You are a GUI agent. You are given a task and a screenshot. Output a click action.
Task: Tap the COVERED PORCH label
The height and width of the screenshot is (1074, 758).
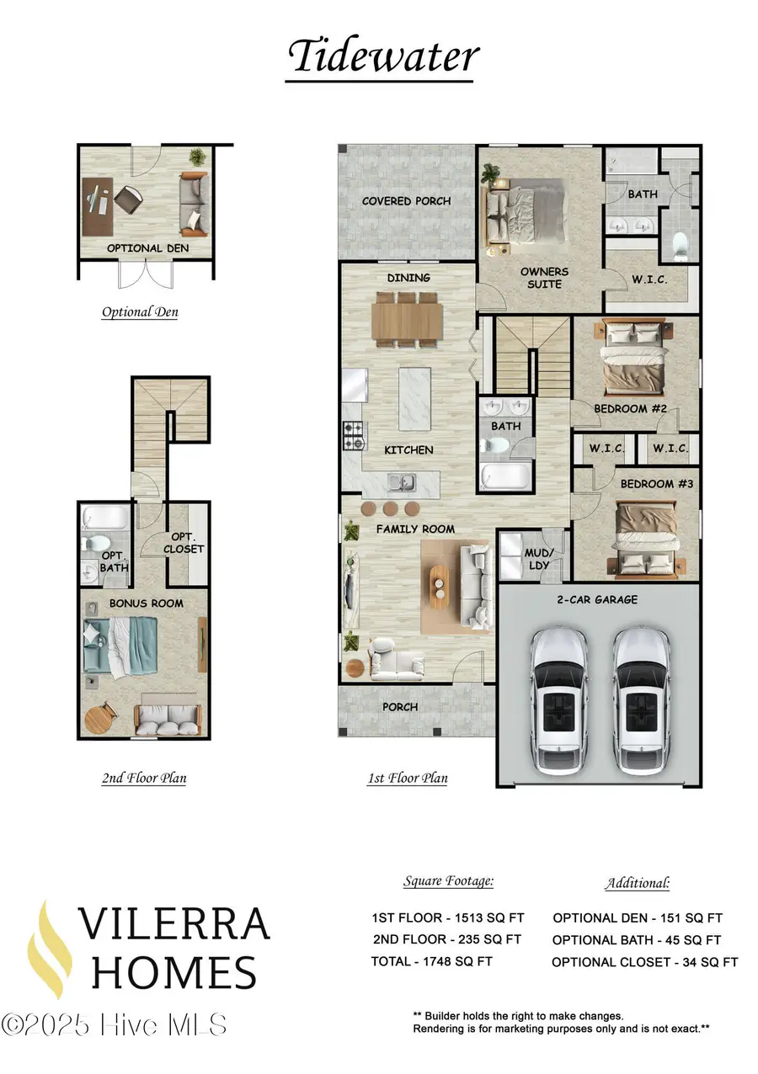pyautogui.click(x=406, y=201)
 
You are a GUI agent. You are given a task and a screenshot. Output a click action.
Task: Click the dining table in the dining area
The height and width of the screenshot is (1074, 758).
pyautogui.click(x=408, y=316)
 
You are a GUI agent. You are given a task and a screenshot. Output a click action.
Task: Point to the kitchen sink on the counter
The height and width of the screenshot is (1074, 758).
pyautogui.click(x=400, y=483)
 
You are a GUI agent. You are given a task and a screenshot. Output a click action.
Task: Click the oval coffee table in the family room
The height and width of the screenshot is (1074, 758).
pyautogui.click(x=439, y=585)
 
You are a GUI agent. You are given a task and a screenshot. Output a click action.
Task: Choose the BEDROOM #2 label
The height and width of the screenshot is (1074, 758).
pyautogui.click(x=630, y=409)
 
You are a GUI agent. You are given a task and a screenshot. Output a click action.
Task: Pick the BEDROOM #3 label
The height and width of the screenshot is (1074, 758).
pyautogui.click(x=647, y=484)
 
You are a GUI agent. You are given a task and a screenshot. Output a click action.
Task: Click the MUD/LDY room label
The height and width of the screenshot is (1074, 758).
pyautogui.click(x=539, y=559)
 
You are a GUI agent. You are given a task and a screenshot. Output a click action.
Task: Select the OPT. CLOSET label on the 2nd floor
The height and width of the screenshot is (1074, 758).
pyautogui.click(x=188, y=542)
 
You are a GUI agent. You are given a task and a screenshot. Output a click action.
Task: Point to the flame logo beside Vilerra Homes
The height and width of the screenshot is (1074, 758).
pyautogui.click(x=48, y=949)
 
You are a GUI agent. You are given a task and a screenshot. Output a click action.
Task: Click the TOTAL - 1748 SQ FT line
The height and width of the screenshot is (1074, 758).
pyautogui.click(x=431, y=961)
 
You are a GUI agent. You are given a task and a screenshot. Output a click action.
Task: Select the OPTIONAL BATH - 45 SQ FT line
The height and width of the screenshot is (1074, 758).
pyautogui.click(x=637, y=940)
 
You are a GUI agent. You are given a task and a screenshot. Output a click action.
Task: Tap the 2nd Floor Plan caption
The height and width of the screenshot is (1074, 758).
pyautogui.click(x=144, y=778)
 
